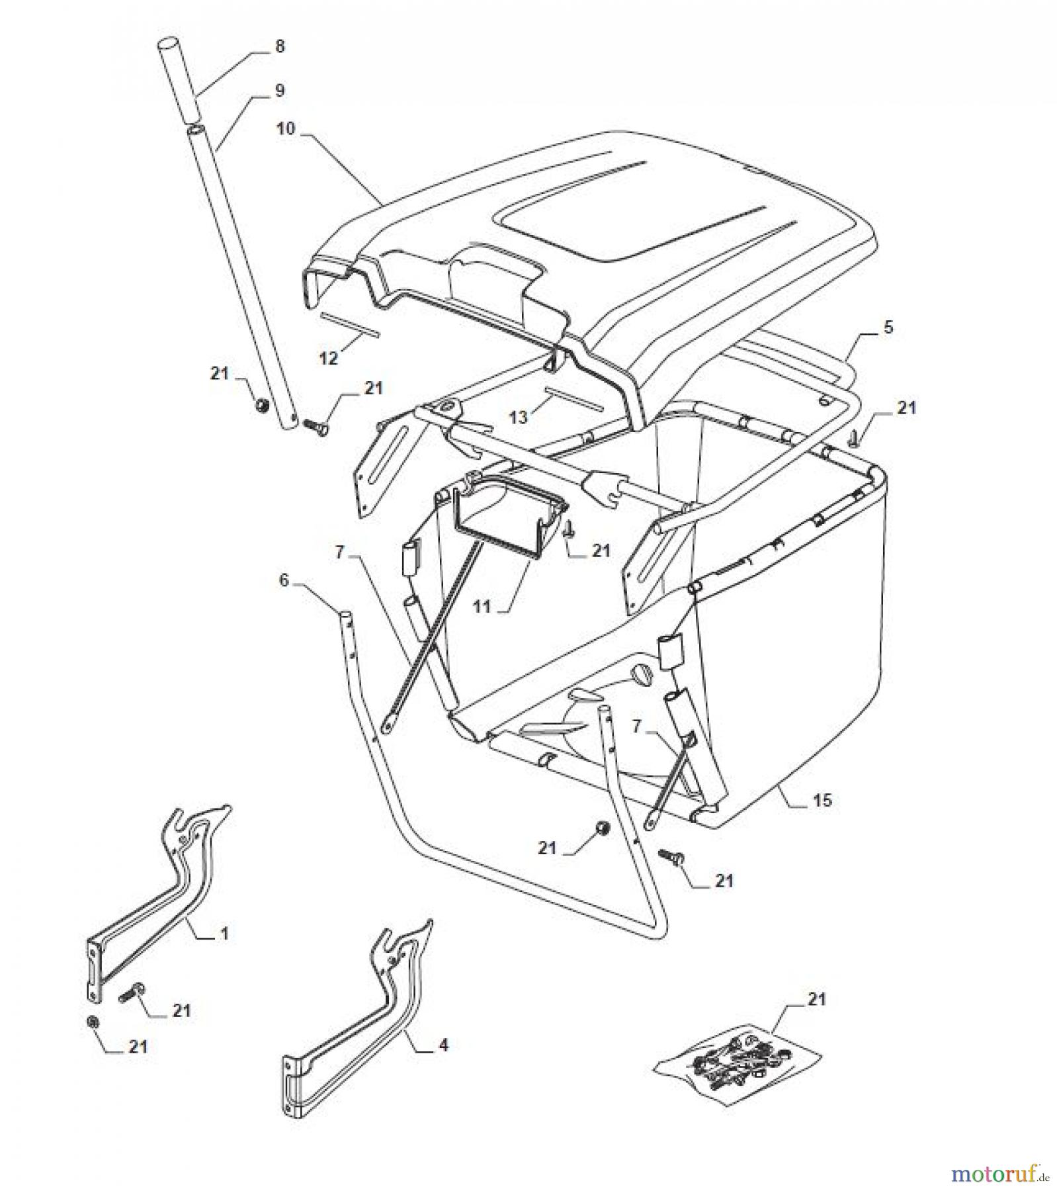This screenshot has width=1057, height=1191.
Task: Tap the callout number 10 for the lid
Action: [x=286, y=128]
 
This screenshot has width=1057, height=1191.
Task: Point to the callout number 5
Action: [x=888, y=327]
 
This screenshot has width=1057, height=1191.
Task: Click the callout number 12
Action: [x=329, y=358]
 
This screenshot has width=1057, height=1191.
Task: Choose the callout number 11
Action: [x=483, y=605]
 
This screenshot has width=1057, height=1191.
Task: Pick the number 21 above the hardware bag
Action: [x=818, y=998]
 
